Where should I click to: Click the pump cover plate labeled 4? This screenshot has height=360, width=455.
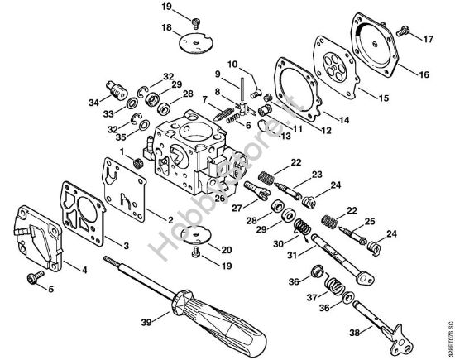34,239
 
